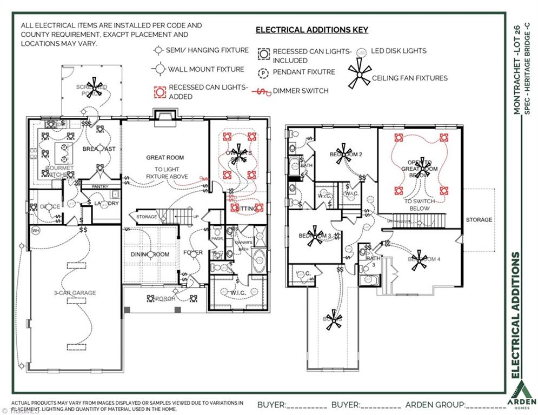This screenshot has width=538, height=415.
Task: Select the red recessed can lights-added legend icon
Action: (158, 91)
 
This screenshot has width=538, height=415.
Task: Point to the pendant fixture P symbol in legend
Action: (263, 72)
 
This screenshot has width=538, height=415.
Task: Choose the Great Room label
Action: (165, 158)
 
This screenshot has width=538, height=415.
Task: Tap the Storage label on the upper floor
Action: (479, 220)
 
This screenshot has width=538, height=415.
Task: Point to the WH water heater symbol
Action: (36, 231)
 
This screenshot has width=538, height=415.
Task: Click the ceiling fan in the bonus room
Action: (333, 319)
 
